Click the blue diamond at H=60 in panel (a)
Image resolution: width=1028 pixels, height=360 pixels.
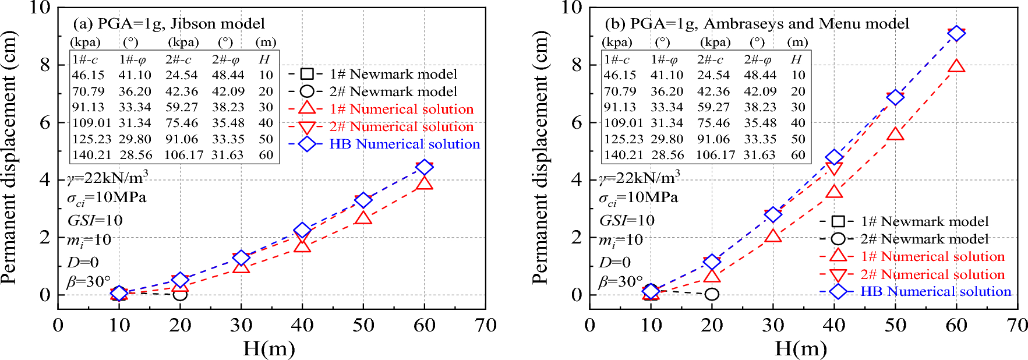[424, 167]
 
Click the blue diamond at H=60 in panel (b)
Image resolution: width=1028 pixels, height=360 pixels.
[956, 33]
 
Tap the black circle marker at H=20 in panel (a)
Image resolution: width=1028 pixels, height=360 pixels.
[180, 294]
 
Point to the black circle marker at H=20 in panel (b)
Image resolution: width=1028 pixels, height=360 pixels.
[712, 294]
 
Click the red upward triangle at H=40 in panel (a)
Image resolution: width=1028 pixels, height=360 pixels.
[302, 245]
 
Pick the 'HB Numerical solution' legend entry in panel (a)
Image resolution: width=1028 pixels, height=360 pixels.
[404, 144]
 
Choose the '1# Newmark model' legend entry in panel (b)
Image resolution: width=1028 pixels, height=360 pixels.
[924, 221]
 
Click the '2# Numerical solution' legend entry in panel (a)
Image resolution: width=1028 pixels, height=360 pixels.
[401, 126]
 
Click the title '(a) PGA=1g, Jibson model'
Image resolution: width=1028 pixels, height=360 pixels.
[169, 24]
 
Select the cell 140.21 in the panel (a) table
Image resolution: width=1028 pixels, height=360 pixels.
[88, 155]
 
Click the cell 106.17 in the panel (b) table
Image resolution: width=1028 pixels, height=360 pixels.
[715, 155]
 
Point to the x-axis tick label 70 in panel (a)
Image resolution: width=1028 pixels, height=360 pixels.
[485, 326]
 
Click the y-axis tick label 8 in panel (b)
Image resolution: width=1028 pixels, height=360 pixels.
[577, 65]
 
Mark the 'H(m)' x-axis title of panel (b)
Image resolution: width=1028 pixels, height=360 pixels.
[800, 349]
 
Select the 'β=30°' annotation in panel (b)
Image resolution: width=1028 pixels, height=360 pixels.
[621, 282]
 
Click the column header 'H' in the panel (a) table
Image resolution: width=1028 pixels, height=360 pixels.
[264, 59]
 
